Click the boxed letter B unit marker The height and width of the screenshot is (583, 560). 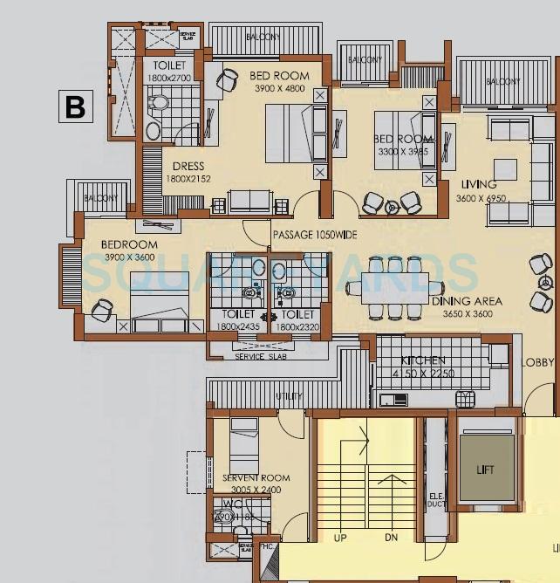[x=76, y=106]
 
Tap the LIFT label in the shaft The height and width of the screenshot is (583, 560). [x=486, y=470]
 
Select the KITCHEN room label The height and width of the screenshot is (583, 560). [x=423, y=360]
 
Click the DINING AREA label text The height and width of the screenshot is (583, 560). [x=467, y=301]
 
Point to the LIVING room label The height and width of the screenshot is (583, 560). [x=479, y=185]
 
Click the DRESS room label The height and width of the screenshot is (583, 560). [x=188, y=167]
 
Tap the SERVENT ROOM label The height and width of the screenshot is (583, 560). [x=256, y=478]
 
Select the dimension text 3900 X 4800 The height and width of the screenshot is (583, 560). [x=279, y=88]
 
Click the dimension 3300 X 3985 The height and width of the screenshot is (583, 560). [x=404, y=152]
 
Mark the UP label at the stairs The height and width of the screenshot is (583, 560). [x=340, y=538]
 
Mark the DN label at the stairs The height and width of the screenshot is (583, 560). [x=391, y=538]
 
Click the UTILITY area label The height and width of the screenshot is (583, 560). [x=289, y=397]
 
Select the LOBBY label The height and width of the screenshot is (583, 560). [x=538, y=362]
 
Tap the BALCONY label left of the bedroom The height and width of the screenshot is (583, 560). [x=101, y=199]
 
